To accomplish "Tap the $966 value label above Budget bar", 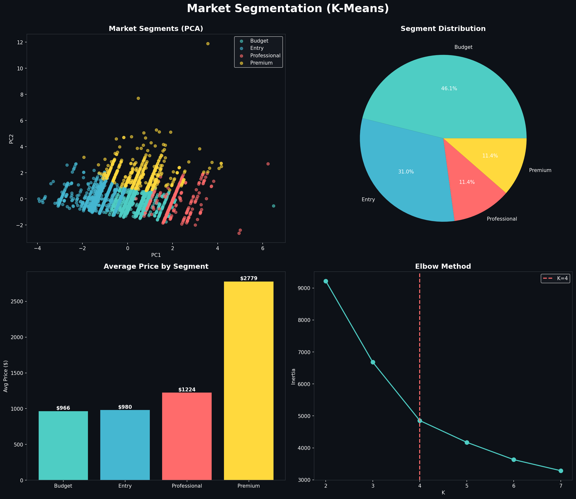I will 63,408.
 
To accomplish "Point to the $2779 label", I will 248,278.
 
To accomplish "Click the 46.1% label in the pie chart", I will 449,89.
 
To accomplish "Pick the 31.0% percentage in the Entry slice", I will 406,172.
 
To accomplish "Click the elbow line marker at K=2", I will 326,281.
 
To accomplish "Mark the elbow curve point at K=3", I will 373,362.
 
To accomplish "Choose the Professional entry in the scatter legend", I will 265,56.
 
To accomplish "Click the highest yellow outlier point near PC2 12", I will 208,44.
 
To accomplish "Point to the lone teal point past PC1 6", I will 274,206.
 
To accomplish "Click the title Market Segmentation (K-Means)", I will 288,8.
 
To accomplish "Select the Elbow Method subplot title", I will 443,267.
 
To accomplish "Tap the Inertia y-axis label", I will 293,376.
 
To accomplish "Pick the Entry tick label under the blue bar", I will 125,486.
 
